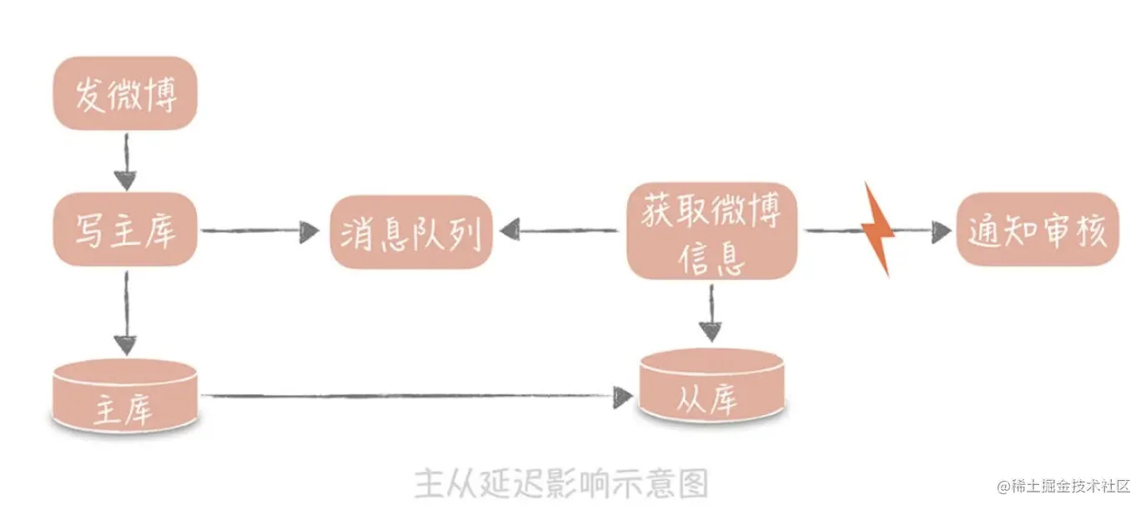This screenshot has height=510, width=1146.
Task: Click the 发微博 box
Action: [126, 92]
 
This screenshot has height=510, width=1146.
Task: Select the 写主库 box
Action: [126, 230]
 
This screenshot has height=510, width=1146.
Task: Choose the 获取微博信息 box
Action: [711, 231]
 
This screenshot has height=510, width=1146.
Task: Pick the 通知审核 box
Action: [1037, 230]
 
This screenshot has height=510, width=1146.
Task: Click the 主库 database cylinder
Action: [124, 398]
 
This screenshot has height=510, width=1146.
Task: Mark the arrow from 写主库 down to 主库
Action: [125, 312]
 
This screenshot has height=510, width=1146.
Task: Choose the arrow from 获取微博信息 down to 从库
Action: [710, 313]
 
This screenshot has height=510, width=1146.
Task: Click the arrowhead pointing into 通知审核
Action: [941, 231]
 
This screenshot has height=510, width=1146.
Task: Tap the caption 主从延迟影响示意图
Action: [561, 482]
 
